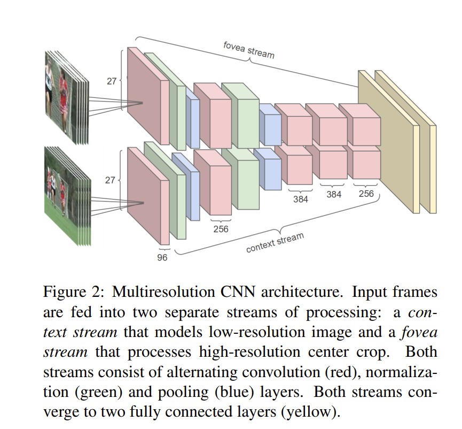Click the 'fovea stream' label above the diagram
(249, 49)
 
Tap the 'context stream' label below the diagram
(275, 242)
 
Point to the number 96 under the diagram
(162, 257)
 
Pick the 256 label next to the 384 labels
(366, 194)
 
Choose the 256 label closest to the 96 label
(221, 229)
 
